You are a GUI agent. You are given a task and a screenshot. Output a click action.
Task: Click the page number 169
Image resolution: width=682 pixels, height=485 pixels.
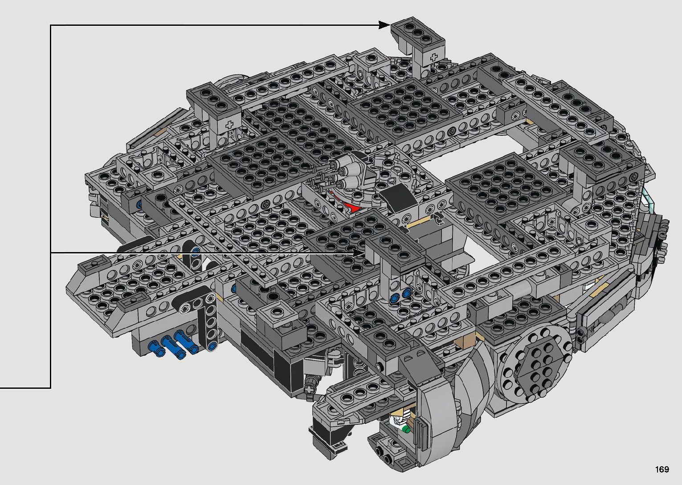pos(662,469)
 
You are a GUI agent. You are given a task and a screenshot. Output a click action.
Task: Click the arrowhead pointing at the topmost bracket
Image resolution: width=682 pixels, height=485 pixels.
pos(384,25)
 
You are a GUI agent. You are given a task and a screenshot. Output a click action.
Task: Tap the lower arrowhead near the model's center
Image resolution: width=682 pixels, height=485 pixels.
pos(359,253)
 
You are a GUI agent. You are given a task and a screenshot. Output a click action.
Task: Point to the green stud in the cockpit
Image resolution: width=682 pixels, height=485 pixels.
pos(405,429)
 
